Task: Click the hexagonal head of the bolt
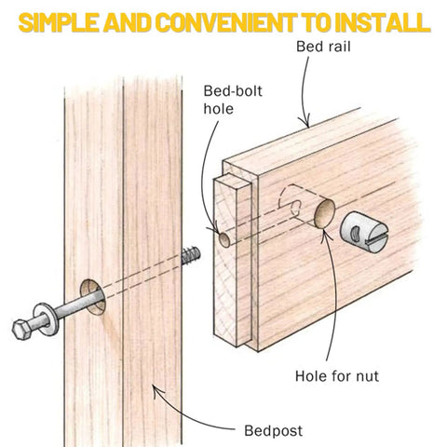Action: (22, 329)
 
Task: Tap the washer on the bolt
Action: (47, 319)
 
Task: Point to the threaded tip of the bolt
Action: (191, 255)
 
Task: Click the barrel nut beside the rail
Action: (364, 232)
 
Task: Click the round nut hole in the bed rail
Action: (325, 213)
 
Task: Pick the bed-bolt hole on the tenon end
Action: (224, 239)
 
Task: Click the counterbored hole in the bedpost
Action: (92, 297)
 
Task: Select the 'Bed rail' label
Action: (323, 47)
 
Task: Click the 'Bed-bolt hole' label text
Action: (233, 100)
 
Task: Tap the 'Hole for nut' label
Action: (337, 376)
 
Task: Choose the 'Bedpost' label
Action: (273, 431)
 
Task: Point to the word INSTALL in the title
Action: (383, 23)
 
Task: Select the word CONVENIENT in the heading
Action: (224, 23)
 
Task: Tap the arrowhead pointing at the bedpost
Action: (156, 389)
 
